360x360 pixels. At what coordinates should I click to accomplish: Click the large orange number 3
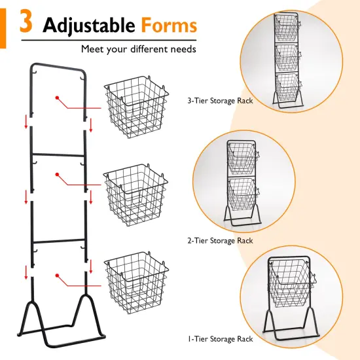[x=26, y=24]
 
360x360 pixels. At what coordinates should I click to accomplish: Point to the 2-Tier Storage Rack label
[x=219, y=241]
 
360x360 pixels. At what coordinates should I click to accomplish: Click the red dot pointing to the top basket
[x=58, y=98]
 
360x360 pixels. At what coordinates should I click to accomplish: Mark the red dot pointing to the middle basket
[x=58, y=174]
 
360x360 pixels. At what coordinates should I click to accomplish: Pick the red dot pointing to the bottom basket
[x=58, y=275]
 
